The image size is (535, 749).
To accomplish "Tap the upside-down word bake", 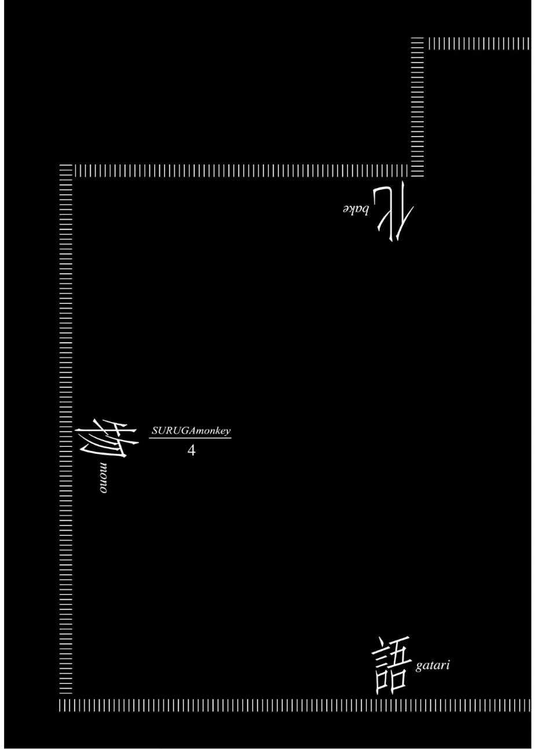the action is pyautogui.click(x=356, y=210).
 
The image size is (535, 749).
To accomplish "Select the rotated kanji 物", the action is pyautogui.click(x=107, y=438).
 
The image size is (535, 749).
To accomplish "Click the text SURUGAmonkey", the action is pyautogui.click(x=191, y=431).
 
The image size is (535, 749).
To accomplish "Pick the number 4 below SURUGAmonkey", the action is pyautogui.click(x=191, y=451).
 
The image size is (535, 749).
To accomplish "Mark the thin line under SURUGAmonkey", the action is pyautogui.click(x=190, y=438).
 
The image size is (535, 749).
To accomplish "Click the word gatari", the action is pyautogui.click(x=433, y=666).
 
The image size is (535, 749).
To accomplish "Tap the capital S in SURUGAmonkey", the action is pyautogui.click(x=155, y=430).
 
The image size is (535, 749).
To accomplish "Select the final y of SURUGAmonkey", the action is pyautogui.click(x=228, y=432).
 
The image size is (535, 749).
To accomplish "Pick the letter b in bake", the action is pyautogui.click(x=365, y=210).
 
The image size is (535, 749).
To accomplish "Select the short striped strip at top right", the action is pyautogui.click(x=479, y=44).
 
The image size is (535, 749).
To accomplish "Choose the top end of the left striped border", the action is pyautogui.click(x=66, y=165).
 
